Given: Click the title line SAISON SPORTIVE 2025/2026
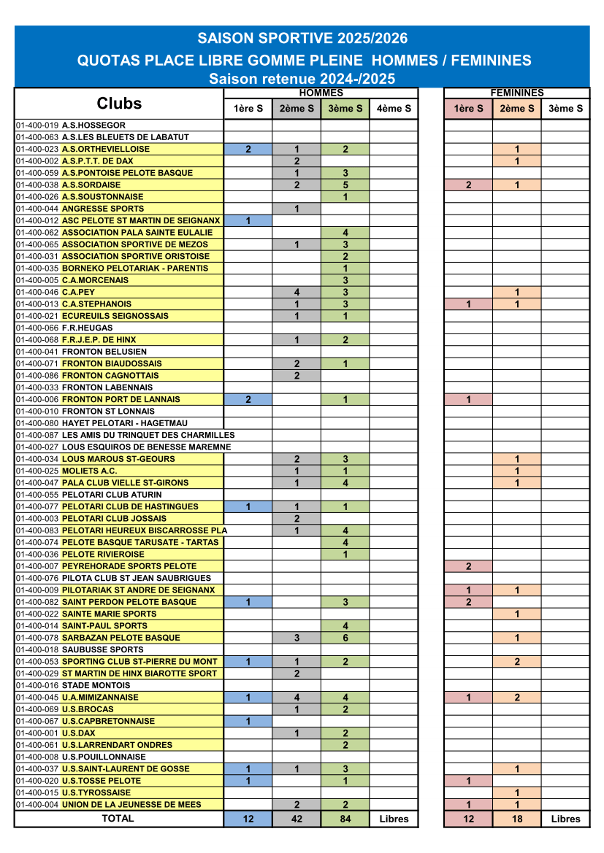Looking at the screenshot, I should tap(302, 39).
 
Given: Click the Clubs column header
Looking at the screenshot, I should tap(119, 104).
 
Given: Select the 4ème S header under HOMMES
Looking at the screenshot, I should tap(394, 109).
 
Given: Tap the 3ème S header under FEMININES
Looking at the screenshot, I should tap(565, 109).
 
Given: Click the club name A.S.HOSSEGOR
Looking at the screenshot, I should tap(93, 126).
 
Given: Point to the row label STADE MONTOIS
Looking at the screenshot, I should tap(96, 685).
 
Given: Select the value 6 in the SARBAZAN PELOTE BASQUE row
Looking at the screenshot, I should tap(345, 638).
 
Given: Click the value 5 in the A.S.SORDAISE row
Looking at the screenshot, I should tap(345, 185).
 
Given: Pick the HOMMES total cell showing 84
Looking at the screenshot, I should tap(345, 819).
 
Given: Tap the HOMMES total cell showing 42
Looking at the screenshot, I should tap(297, 819).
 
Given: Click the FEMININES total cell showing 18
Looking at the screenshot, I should tap(516, 819).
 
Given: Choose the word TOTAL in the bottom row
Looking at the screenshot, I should tap(118, 818).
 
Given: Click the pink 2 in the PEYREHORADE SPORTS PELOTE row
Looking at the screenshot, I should tap(468, 566).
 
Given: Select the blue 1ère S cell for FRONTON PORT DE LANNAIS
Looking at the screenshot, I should tap(248, 399).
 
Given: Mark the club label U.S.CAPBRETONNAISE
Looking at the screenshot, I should tap(108, 721).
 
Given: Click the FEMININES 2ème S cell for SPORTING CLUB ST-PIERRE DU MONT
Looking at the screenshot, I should tap(516, 662).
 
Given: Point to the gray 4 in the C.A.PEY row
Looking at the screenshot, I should tap(297, 293).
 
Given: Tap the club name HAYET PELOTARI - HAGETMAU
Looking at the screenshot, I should tap(124, 423).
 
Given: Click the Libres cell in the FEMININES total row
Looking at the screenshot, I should tap(565, 819).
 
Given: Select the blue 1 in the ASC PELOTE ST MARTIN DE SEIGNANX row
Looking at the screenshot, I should tap(248, 221).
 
